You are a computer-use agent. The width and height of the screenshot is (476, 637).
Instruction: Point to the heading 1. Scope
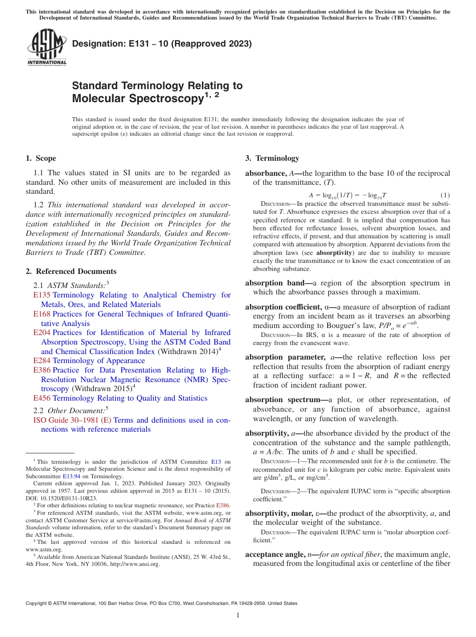click(x=41, y=158)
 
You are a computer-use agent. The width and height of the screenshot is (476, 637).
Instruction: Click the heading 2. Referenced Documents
click(x=71, y=271)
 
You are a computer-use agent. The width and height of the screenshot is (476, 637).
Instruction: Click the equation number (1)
click(x=445, y=195)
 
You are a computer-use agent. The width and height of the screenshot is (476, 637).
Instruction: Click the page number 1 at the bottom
click(x=238, y=615)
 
